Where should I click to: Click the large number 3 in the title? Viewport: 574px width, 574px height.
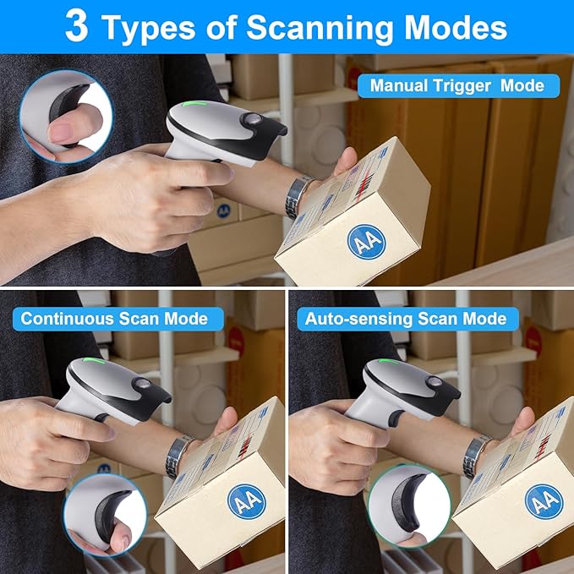click(x=76, y=26)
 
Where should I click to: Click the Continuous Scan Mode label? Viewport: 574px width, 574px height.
click(x=114, y=319)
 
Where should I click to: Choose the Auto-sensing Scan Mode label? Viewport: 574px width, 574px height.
click(x=406, y=319)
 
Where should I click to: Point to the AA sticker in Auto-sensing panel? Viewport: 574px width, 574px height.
click(x=543, y=501)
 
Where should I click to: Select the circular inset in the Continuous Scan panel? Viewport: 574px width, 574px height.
click(x=107, y=514)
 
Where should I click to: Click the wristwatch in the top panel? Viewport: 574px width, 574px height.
click(x=296, y=196)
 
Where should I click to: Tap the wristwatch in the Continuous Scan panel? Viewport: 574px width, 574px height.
click(x=178, y=456)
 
